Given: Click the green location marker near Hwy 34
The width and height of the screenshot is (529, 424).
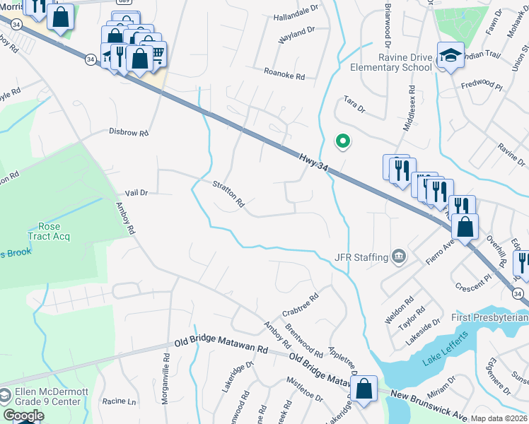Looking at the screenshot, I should pos(342,141).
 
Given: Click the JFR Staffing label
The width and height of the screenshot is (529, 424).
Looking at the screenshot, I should pos(361,257).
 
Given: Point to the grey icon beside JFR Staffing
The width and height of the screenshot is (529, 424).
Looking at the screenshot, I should pos(399,256).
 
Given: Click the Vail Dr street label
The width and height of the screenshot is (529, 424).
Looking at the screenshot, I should pos(136,192).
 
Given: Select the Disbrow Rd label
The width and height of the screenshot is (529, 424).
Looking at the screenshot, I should pos(129,132).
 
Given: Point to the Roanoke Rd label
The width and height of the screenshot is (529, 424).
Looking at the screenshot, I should pos(284,73).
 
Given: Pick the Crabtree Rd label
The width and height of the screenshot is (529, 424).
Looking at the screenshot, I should pos(297,307).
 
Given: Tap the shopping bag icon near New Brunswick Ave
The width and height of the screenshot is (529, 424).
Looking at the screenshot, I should pos(364,389).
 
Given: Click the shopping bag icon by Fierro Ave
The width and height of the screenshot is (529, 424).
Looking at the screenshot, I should pos(465,227).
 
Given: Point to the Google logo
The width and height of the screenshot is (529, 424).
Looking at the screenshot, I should pos(23,416).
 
